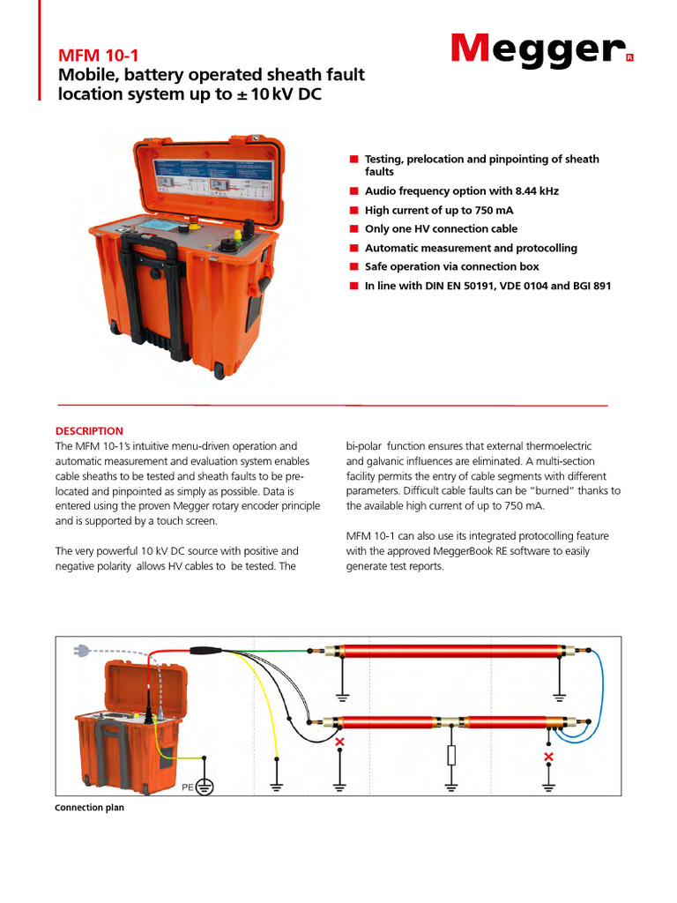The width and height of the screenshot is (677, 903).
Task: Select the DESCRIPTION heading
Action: (89, 431)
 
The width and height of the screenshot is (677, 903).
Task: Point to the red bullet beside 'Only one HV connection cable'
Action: (353, 228)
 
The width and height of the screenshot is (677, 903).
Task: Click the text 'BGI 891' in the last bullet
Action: (590, 286)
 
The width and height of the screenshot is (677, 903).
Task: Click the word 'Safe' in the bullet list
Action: (380, 266)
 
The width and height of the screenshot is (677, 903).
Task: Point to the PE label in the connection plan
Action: (187, 785)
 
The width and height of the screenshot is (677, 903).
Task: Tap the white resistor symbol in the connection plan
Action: (451, 755)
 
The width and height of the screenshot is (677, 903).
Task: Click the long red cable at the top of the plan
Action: (448, 653)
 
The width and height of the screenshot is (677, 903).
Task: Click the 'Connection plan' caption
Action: (89, 808)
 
